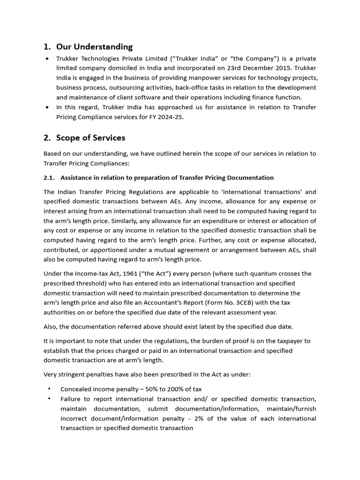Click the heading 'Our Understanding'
point(94,46)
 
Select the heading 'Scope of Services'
point(90,137)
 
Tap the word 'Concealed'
point(76,389)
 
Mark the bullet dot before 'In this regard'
point(48,107)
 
